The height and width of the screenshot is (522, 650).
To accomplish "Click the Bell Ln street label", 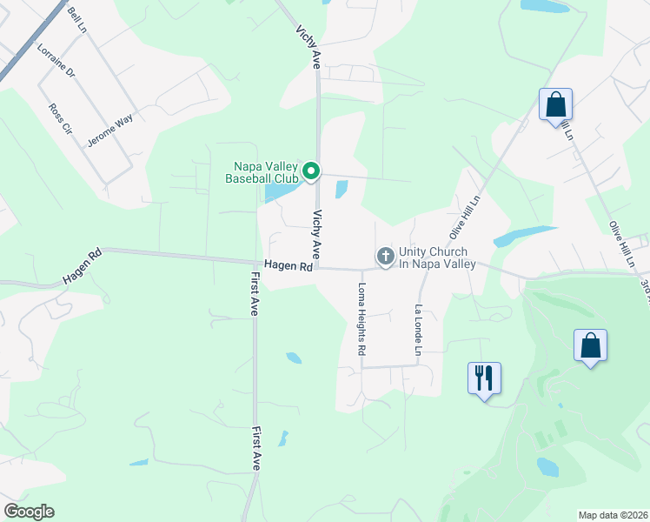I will click(77, 19).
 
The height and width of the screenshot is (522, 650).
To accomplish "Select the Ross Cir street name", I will click(59, 120).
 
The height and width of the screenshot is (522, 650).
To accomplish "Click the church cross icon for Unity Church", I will click(385, 257).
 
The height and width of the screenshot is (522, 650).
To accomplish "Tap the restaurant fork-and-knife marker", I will click(484, 378).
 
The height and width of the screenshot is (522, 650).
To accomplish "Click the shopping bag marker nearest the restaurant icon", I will click(590, 345).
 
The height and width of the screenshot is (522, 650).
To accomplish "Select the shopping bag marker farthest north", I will click(555, 104).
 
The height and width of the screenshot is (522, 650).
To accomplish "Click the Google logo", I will click(29, 512).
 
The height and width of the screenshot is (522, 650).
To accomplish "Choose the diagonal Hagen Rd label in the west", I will click(82, 267).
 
